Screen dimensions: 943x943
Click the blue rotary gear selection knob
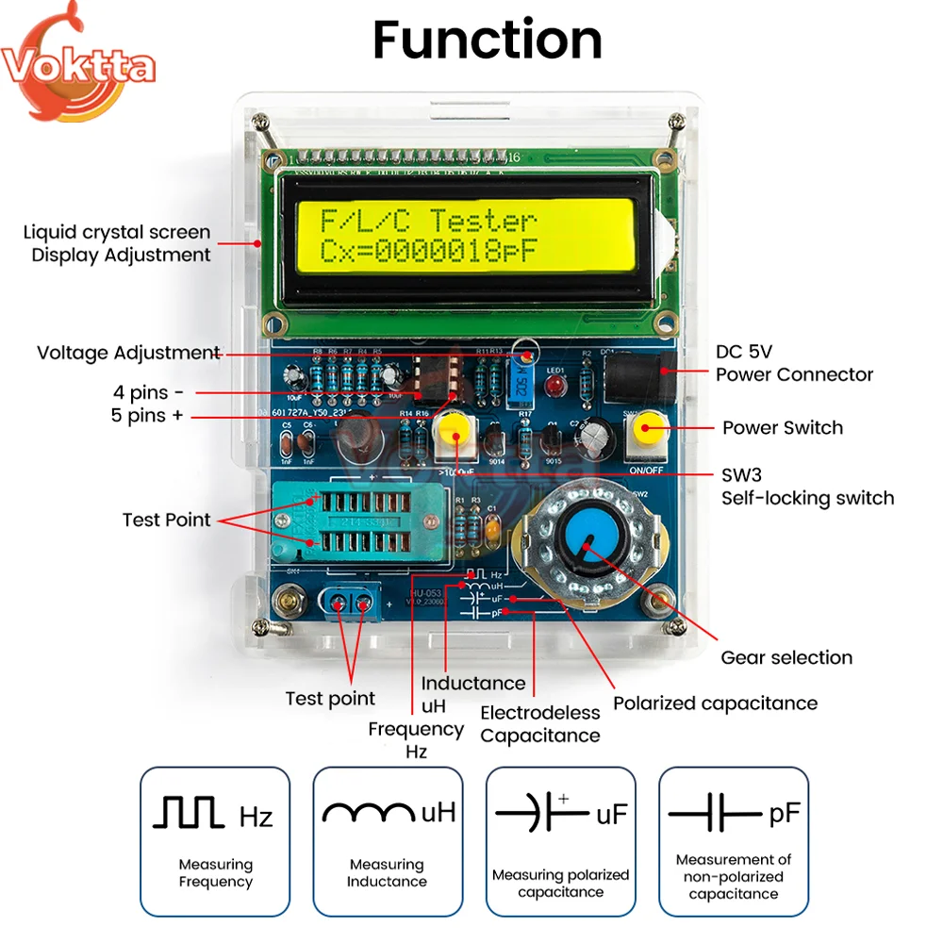tap(587, 543)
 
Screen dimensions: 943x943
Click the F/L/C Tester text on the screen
tap(428, 222)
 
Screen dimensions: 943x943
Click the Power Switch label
tap(783, 427)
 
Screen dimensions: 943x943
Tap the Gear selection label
tap(786, 657)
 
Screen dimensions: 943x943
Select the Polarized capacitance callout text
tap(715, 703)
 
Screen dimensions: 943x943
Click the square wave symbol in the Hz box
tap(189, 812)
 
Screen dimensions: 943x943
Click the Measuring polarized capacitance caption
tap(560, 883)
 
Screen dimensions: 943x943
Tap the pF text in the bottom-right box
tap(785, 813)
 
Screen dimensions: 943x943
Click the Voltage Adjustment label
tap(128, 353)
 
